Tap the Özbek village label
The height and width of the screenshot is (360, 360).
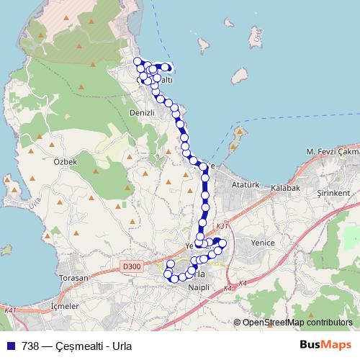pos(65,162)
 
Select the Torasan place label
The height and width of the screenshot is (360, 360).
pos(73,278)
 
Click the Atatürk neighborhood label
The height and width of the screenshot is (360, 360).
pos(246,185)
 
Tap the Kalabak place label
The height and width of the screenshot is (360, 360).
pos(285,187)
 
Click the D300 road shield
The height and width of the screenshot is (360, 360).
pos(132,266)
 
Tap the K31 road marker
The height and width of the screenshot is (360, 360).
pos(222,225)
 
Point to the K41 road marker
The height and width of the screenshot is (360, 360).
pos(10,310)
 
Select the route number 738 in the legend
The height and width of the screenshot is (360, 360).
pos(30,345)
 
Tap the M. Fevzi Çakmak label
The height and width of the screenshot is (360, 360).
pos(332,152)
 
